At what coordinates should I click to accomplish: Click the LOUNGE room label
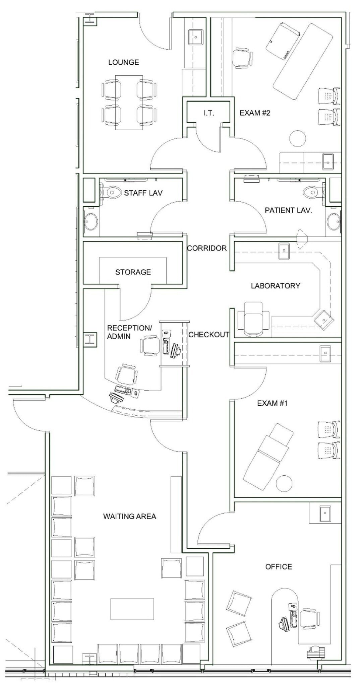[123, 62]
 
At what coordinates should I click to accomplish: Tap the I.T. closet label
[208, 113]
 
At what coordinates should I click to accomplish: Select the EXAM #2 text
[255, 113]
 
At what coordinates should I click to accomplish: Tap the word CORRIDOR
[207, 248]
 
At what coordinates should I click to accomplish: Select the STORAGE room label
[133, 272]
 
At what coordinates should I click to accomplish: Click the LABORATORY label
[276, 286]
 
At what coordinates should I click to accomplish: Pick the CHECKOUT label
[209, 335]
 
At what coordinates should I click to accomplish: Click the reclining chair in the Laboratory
[254, 319]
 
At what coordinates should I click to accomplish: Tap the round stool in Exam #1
[284, 483]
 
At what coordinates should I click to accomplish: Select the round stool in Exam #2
[297, 138]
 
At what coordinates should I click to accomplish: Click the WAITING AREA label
[129, 516]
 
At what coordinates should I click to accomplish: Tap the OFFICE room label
[279, 566]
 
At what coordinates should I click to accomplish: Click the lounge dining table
[129, 102]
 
